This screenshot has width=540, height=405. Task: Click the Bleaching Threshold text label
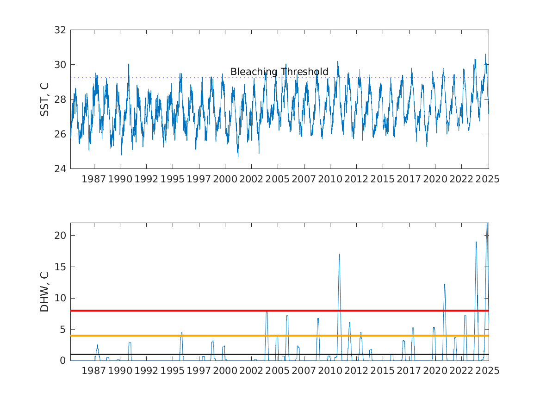[279, 72]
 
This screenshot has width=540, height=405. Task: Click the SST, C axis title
[45, 99]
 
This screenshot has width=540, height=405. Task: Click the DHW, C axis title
[45, 292]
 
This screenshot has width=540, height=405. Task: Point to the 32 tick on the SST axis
[60, 30]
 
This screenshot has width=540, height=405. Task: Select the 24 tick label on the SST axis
[60, 169]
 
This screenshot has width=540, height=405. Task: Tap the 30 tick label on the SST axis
[60, 65]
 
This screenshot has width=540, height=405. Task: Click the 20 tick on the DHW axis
[60, 236]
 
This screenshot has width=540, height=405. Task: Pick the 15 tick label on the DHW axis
[60, 267]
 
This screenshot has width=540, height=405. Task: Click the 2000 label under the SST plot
[225, 179]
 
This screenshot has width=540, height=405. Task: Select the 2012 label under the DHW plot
[356, 371]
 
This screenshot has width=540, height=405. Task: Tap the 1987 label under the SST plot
[93, 179]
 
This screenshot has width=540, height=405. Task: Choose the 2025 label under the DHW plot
[488, 371]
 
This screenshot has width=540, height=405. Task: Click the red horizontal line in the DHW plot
[279, 311]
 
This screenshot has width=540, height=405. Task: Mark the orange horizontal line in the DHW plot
[279, 336]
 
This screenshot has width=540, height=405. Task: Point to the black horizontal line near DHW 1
[279, 355]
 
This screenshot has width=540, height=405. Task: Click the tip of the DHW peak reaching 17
[339, 254]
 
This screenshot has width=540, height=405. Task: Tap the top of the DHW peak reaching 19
[476, 242]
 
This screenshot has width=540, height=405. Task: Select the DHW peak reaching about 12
[445, 285]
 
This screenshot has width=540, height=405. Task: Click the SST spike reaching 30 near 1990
[129, 64]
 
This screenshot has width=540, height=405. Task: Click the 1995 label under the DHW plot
[173, 371]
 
